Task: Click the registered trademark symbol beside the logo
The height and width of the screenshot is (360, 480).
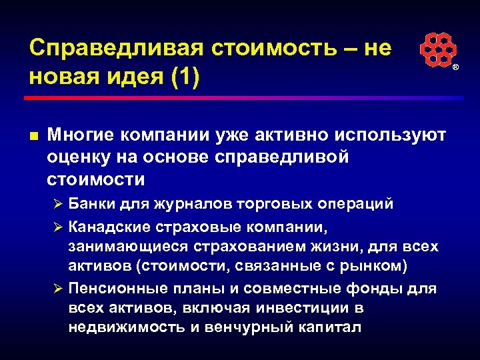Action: click(456, 68)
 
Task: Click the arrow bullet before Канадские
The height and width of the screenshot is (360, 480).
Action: click(58, 226)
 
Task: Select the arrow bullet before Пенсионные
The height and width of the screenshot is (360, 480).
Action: click(58, 289)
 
